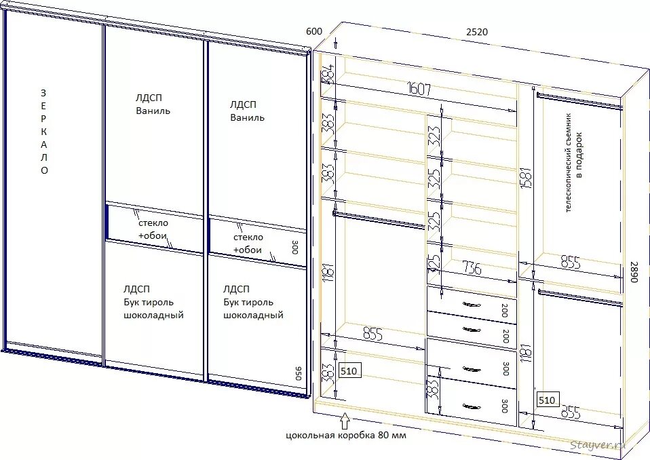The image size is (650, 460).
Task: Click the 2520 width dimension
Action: [x=476, y=32]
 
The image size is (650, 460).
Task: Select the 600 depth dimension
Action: [x=313, y=32]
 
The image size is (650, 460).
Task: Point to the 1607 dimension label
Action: [x=419, y=89]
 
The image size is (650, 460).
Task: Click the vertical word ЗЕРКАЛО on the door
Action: [x=44, y=132]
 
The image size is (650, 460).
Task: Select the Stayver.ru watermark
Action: [x=597, y=444]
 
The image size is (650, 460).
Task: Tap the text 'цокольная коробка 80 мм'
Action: [x=345, y=436]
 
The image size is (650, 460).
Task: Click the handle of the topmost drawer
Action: [x=471, y=305]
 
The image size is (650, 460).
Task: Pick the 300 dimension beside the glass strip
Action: [x=294, y=247]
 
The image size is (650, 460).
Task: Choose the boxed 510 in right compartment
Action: [x=547, y=400]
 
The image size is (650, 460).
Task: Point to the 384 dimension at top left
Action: [x=326, y=73]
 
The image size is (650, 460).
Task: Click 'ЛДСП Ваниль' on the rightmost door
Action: [x=247, y=111]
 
